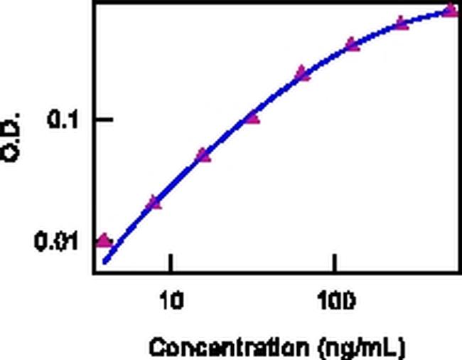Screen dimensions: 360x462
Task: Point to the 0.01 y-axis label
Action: click(x=54, y=242)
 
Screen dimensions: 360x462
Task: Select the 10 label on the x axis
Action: click(x=171, y=301)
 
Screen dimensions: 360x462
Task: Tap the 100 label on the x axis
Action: click(x=334, y=301)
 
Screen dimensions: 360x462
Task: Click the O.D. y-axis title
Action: click(x=13, y=135)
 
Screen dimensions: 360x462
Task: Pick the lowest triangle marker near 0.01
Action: click(x=104, y=240)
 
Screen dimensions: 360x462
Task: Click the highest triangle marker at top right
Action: click(x=450, y=9)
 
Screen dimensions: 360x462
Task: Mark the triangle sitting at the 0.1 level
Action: click(x=252, y=117)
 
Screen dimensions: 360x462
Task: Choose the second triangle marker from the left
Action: click(x=154, y=203)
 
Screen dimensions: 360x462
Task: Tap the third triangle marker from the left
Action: click(x=203, y=154)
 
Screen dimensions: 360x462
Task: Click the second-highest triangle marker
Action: click(x=401, y=23)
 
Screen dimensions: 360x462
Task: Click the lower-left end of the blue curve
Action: click(x=105, y=261)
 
